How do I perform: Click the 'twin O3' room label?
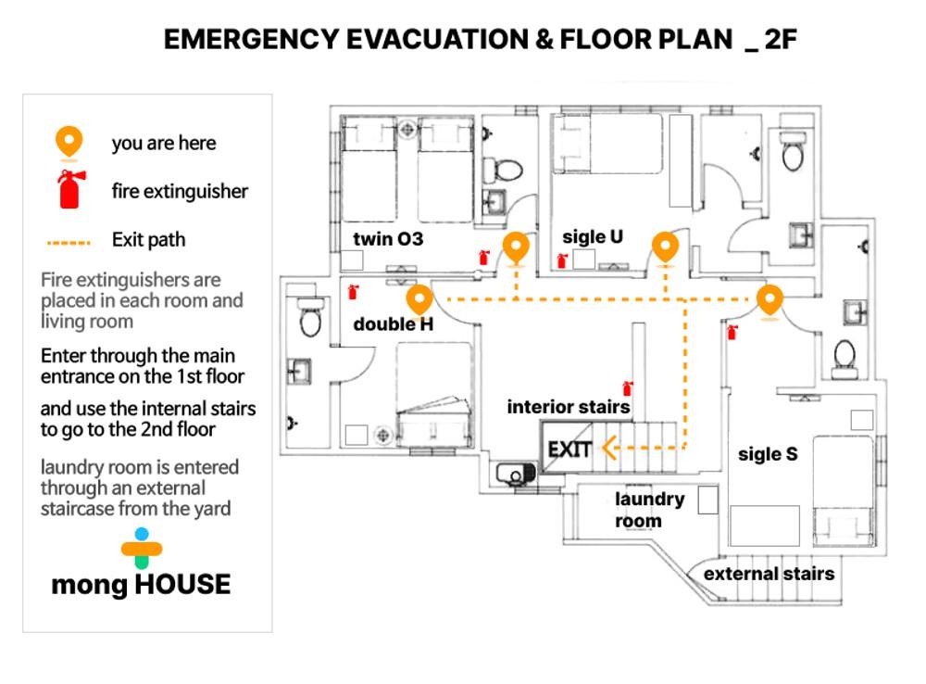(388, 239)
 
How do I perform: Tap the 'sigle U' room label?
(593, 237)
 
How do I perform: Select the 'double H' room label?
(393, 324)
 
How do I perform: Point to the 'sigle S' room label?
(768, 454)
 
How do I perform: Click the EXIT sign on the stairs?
(569, 450)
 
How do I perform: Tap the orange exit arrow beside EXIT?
(610, 448)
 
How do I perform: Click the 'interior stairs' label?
(569, 407)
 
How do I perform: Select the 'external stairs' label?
(769, 574)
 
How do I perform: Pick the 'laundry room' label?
(650, 510)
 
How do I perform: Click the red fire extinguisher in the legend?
(70, 189)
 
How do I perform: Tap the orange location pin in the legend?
(69, 143)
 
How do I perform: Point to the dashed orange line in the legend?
(69, 243)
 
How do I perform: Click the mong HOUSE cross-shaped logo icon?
(142, 548)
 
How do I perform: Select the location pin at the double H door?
(419, 300)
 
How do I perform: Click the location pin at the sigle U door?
(665, 248)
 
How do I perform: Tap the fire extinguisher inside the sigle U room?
(562, 260)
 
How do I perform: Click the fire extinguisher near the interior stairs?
(628, 387)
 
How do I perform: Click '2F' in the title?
(780, 40)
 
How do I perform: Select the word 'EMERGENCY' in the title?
(250, 40)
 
